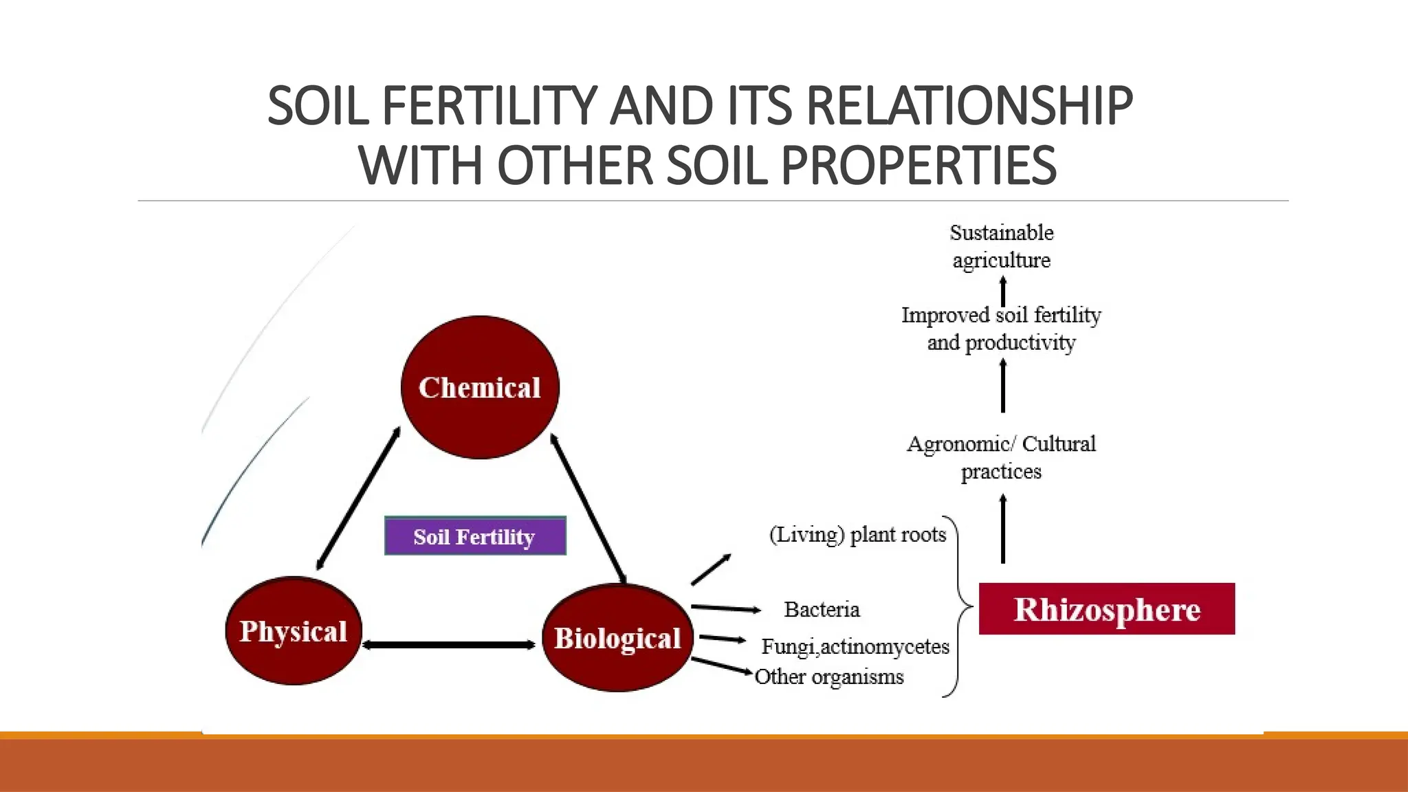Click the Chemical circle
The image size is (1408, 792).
point(480,387)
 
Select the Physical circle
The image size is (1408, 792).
point(294,630)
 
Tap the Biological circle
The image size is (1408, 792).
point(617,637)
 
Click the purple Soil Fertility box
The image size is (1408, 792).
point(475,536)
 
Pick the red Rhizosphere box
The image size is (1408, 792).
point(1106,609)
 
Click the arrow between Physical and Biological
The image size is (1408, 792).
point(448,645)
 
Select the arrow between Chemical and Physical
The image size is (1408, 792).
point(358,499)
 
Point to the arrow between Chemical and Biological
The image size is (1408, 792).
point(588,509)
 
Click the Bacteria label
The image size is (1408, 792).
point(822,609)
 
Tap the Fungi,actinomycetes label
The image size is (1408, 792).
point(855,646)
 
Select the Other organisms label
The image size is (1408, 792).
point(828,676)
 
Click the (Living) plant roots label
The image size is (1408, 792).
point(857,534)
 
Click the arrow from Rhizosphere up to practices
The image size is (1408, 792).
point(1002,529)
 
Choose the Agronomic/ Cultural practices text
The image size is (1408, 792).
point(1001,457)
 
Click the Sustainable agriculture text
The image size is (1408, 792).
point(1001,246)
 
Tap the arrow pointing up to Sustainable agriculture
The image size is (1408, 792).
point(1002,291)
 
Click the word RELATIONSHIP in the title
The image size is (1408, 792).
point(969,106)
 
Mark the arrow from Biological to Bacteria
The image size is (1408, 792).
point(725,608)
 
